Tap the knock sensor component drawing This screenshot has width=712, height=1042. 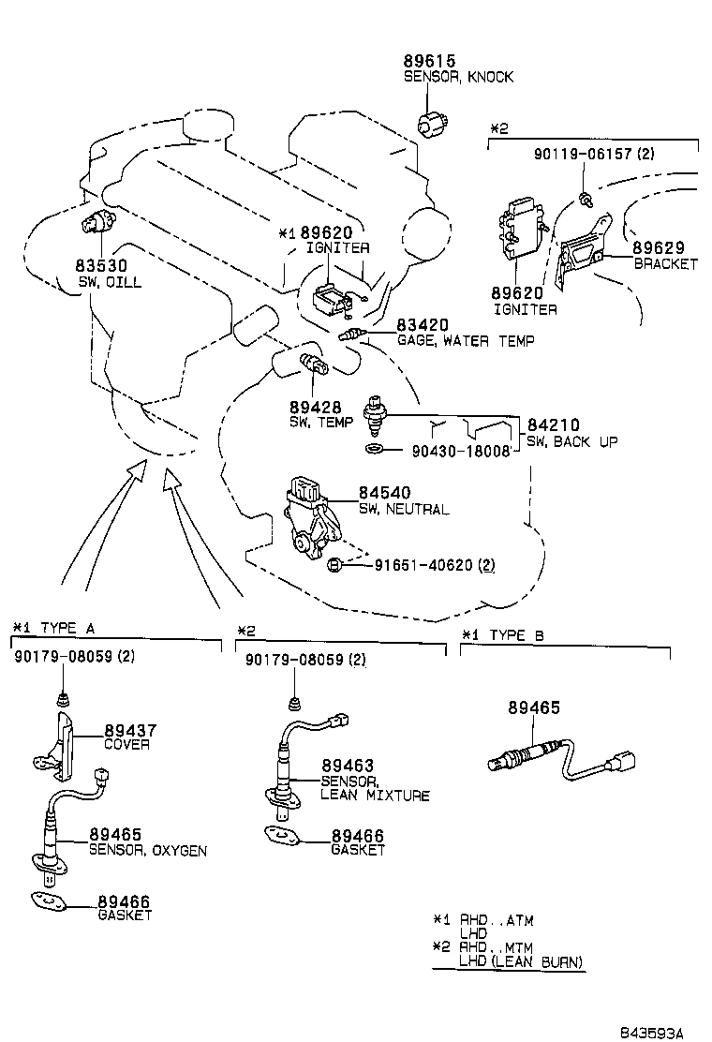(x=434, y=122)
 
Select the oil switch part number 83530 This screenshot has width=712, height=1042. (x=101, y=266)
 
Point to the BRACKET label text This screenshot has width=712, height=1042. (x=665, y=264)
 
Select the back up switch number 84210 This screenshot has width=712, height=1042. (x=552, y=425)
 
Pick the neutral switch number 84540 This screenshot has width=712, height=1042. (x=384, y=493)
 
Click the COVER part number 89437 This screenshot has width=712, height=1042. (x=130, y=730)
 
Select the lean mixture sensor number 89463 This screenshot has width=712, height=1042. (x=349, y=766)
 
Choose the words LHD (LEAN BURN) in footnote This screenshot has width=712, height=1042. (x=520, y=962)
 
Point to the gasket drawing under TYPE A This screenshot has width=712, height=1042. (x=47, y=902)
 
